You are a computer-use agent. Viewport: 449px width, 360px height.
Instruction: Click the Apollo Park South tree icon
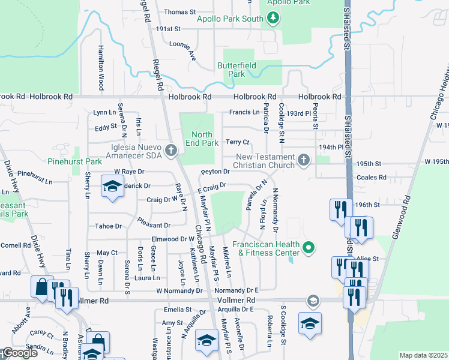pos(273,19)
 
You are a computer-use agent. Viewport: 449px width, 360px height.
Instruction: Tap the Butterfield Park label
pos(237,70)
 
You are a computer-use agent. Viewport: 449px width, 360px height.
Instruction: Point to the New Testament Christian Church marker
pos(304,160)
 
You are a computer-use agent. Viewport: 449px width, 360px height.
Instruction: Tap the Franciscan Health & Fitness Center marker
pos(309,247)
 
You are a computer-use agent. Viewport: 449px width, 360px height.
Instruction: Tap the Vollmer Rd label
pos(239,300)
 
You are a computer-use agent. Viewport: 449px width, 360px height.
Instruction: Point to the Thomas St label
pos(180,12)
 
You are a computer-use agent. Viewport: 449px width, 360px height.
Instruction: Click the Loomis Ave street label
pos(183,50)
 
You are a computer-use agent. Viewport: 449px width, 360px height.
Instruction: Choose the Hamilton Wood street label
pos(100,70)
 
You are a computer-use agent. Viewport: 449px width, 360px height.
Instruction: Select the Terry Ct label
pos(237,142)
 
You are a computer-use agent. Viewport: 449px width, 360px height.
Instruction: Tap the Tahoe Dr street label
pos(109,226)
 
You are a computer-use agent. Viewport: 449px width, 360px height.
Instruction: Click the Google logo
pos(20,353)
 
